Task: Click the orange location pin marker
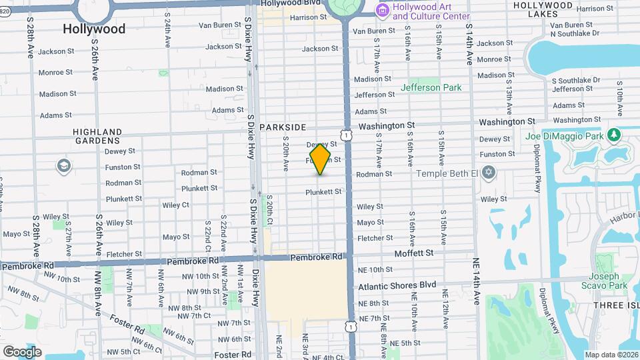coord(321,159)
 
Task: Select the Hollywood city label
coord(94,29)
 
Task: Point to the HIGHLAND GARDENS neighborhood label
coord(97,136)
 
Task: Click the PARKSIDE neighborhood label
coord(283,127)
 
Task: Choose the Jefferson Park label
coord(430,87)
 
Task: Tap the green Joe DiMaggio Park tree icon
coord(614,136)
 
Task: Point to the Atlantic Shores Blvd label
coord(397,285)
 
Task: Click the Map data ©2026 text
coord(611,355)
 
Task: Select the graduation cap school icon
coord(64,166)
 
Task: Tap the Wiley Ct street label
coord(175,205)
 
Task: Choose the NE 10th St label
coord(375,269)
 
